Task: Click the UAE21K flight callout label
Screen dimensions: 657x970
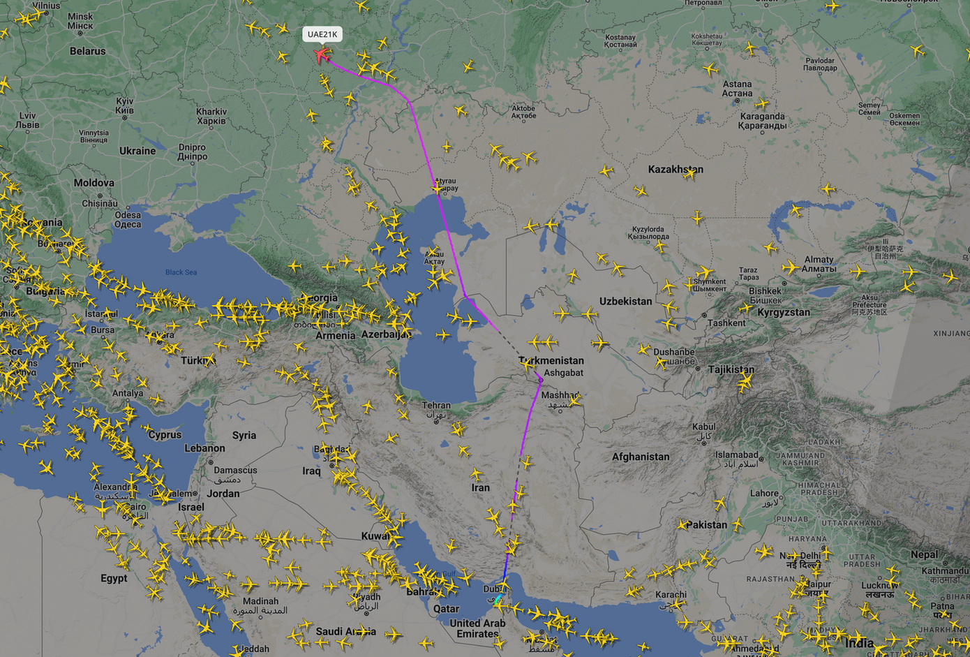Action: (322, 34)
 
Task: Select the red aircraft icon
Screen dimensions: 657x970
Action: (321, 54)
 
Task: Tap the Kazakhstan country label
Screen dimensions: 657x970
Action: (675, 170)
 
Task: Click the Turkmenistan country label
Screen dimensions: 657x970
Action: (551, 360)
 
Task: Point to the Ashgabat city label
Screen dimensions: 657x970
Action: (563, 373)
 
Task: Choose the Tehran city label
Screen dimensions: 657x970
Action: (436, 406)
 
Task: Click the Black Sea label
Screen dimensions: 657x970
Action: (181, 272)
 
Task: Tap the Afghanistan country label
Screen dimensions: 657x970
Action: (640, 457)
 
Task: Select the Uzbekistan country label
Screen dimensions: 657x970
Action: (625, 302)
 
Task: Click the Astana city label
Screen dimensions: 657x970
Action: (737, 84)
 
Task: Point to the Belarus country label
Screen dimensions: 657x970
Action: (87, 51)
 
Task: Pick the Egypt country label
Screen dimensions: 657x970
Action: (114, 578)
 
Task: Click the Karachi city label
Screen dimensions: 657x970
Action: (671, 595)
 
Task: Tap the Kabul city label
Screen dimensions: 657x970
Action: (703, 427)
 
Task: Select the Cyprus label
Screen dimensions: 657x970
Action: (165, 434)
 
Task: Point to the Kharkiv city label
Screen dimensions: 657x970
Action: (211, 112)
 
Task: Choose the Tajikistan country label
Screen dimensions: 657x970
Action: (731, 369)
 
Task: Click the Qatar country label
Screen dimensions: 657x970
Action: (446, 608)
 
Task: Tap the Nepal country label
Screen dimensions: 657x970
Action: (925, 554)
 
